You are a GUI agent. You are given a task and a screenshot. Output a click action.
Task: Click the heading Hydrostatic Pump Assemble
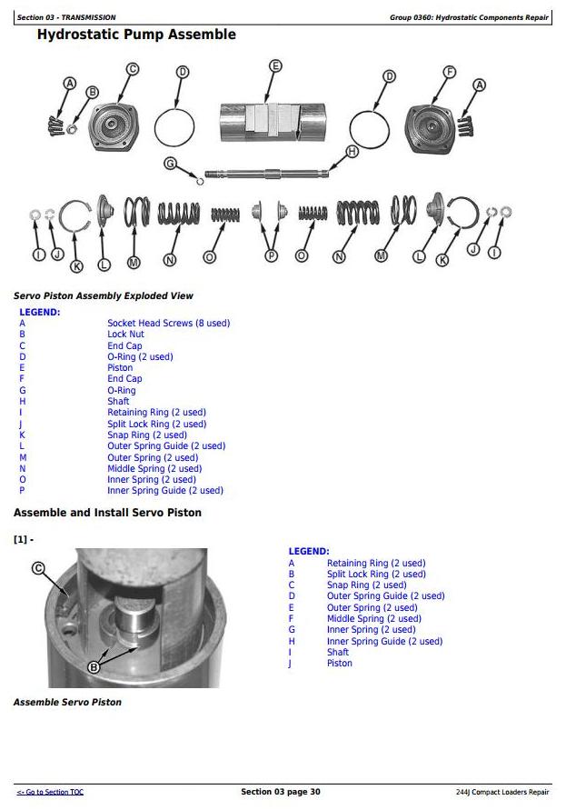click(136, 35)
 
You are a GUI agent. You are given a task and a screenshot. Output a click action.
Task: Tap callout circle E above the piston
click(275, 65)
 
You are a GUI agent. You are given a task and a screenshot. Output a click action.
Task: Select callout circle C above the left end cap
click(132, 68)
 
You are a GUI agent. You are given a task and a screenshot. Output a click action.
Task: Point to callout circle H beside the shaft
click(352, 152)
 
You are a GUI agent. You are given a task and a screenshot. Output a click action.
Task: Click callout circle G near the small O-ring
click(170, 163)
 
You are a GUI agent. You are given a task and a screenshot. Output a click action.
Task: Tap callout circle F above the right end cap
click(449, 72)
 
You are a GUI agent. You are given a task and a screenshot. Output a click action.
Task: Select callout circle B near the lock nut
click(91, 92)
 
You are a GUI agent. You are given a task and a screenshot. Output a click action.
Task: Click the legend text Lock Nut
click(125, 335)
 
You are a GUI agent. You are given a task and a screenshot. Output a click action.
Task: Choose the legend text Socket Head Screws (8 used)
click(168, 324)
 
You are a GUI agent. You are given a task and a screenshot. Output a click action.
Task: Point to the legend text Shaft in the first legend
click(118, 402)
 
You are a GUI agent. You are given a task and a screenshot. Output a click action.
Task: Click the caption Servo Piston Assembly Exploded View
click(103, 295)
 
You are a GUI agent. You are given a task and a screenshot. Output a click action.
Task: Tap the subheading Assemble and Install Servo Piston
click(107, 513)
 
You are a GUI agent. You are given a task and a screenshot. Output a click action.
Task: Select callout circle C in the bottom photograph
click(38, 568)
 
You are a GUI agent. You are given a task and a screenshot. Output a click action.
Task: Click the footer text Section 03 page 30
click(280, 792)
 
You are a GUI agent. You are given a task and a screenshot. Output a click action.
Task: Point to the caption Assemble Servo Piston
click(67, 702)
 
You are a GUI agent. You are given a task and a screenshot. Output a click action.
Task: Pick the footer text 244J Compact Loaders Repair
click(502, 793)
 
